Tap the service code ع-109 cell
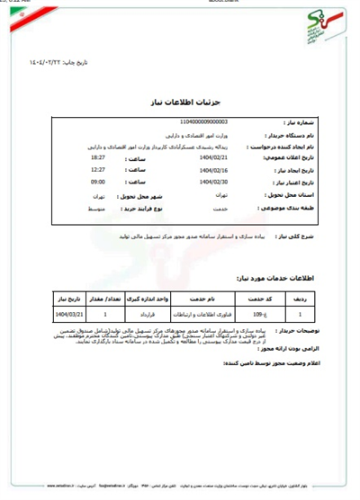(256, 316)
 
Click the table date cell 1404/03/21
(68, 316)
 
